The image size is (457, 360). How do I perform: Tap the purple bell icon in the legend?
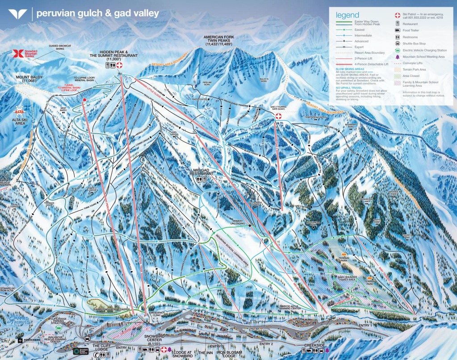click(397, 57)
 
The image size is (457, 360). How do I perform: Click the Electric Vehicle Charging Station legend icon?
click(397, 50)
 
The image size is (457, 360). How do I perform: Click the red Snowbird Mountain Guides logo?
click(18, 54)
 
